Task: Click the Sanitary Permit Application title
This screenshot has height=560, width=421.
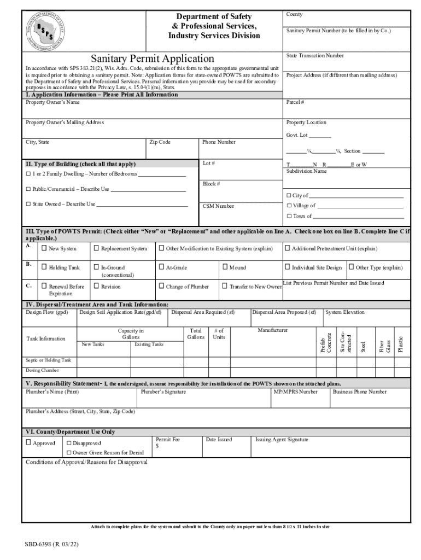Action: point(153,58)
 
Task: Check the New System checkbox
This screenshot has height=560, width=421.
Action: point(44,248)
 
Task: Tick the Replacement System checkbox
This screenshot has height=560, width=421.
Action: point(96,248)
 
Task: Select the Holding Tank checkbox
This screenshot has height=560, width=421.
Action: point(44,267)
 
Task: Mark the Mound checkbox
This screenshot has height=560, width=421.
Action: point(225,267)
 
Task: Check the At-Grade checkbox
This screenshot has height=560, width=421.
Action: point(161,267)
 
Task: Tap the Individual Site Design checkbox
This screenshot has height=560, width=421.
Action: point(288,267)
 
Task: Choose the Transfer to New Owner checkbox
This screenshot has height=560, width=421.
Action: point(225,286)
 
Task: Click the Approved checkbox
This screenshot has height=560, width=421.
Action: point(28,442)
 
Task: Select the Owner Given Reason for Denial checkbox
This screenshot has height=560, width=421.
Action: point(69,453)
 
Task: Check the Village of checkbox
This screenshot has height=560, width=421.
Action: point(289,206)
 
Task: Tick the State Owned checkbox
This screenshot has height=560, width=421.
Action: point(28,204)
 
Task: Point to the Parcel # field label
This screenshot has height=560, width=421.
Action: point(295,102)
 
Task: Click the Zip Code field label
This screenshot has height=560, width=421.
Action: point(160,142)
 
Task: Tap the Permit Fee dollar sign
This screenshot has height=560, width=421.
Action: point(157,446)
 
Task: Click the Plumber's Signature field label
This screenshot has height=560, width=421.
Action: point(163,392)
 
